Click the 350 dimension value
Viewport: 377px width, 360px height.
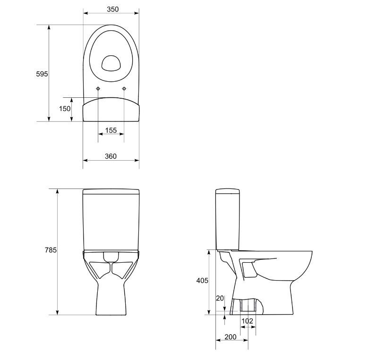tap(113, 9)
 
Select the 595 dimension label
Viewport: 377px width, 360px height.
tap(42, 74)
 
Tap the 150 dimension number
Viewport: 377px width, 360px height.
tap(65, 109)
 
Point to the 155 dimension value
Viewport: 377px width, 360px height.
tap(111, 130)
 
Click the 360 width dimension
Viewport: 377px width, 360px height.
tap(111, 156)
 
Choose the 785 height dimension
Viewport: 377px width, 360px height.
tap(51, 250)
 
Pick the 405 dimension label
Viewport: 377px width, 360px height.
tap(202, 281)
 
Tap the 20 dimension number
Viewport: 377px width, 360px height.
tap(220, 298)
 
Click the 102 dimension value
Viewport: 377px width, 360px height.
tap(247, 321)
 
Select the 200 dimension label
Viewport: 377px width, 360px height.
tap(231, 337)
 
